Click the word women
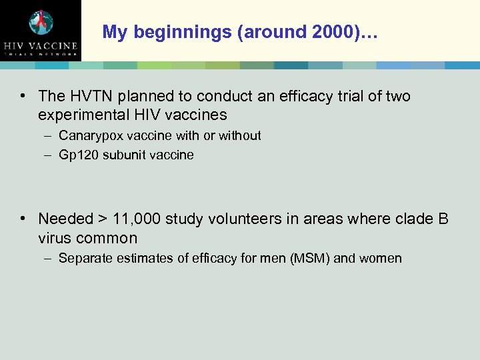pyautogui.click(x=380, y=259)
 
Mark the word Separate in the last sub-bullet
pyautogui.click(x=83, y=259)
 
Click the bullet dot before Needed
pyautogui.click(x=23, y=218)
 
